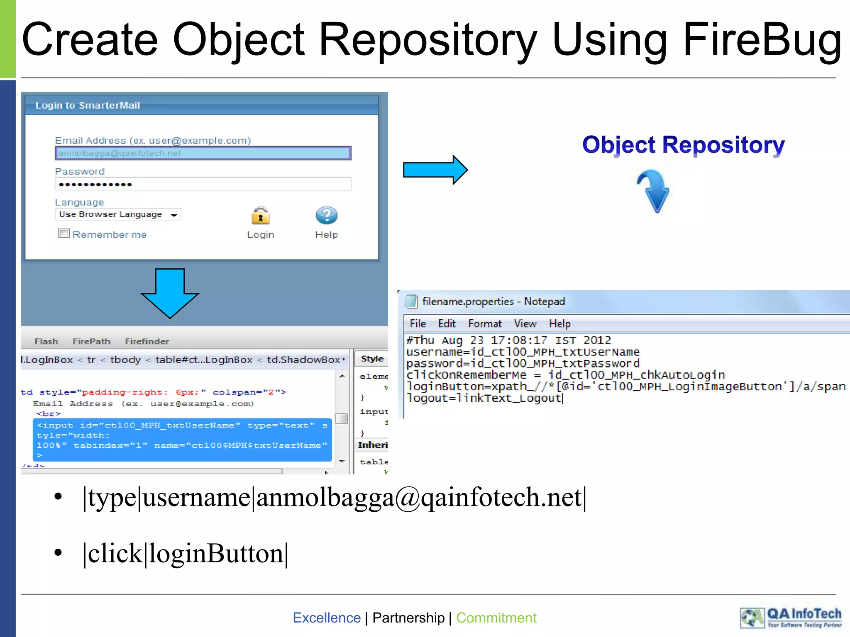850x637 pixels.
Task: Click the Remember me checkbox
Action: coord(64,233)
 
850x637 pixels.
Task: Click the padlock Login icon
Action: coord(261,216)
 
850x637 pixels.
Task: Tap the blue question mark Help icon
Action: coord(327,216)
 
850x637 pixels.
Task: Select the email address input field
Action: coord(203,153)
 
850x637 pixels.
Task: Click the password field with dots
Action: coord(203,184)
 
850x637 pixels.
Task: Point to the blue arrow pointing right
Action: coord(435,170)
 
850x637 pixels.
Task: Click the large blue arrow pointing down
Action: coord(170,293)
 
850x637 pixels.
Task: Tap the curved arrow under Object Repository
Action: coord(653,191)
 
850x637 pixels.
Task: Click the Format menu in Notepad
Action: coord(485,323)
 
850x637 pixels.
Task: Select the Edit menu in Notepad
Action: coord(447,323)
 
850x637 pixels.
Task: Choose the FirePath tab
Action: coord(91,341)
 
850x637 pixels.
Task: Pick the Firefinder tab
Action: coord(147,341)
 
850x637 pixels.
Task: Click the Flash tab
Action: coord(46,341)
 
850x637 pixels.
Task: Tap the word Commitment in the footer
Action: coord(496,618)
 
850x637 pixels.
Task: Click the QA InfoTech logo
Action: coord(791,618)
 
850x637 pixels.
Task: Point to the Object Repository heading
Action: coord(683,145)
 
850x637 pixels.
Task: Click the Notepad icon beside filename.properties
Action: coord(411,301)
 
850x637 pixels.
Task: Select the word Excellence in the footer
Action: coord(327,618)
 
